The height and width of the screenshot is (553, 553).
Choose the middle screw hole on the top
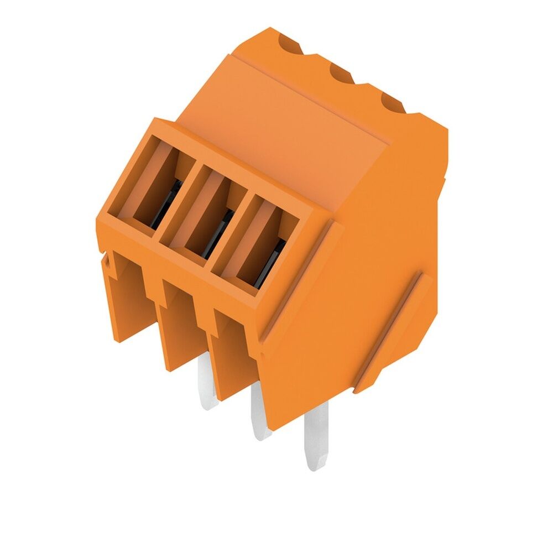342,74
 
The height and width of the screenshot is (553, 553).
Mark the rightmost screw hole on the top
392,102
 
